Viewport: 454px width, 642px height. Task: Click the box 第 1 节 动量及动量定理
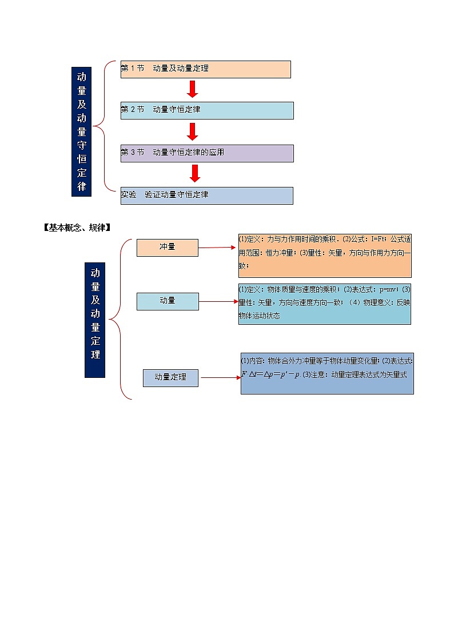pos(205,69)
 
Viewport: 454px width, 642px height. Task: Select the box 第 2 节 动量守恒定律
pos(206,110)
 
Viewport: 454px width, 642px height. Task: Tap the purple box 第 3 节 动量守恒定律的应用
pos(206,153)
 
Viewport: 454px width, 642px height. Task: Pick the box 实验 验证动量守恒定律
pos(206,196)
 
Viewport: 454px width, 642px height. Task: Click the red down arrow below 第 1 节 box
pos(193,89)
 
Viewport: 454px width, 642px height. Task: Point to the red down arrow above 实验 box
pos(194,174)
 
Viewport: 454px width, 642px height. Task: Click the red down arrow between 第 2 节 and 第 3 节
pos(193,131)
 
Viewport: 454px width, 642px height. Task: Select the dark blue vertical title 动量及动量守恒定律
pos(81,131)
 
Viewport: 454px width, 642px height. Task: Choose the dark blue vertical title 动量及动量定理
pos(95,320)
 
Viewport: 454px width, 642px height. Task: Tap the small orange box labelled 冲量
pos(167,248)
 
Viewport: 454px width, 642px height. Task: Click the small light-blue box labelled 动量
pos(168,301)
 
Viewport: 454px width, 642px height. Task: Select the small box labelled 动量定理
pos(170,378)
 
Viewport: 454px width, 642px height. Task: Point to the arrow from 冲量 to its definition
pos(217,248)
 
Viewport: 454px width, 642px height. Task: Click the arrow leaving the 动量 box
pos(218,301)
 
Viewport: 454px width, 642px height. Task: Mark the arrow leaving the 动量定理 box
pos(220,378)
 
